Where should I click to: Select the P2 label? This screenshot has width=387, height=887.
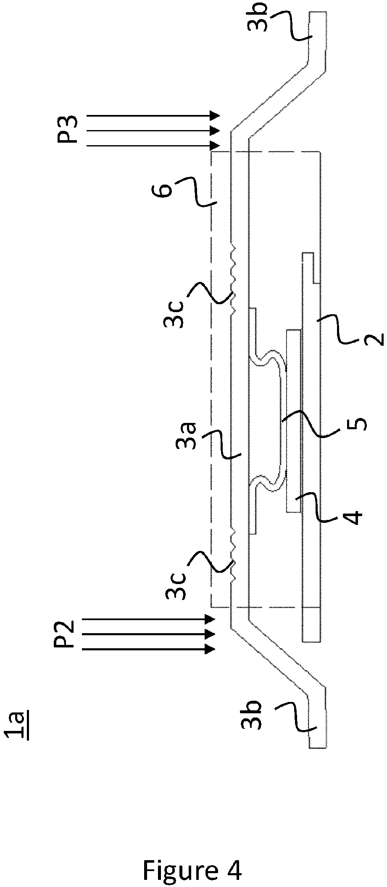pyautogui.click(x=64, y=634)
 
